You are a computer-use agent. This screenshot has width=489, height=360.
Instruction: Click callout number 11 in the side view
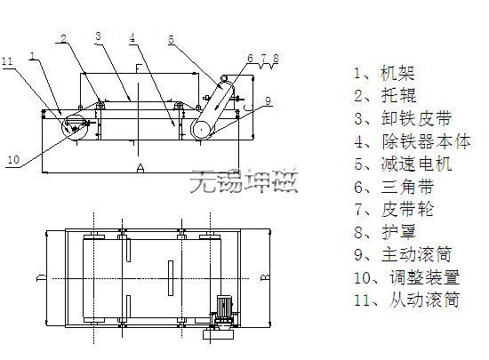pyautogui.click(x=7, y=61)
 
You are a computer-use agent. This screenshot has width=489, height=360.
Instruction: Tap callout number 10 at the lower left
pyautogui.click(x=13, y=160)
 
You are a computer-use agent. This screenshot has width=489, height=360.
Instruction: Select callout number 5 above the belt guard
pyautogui.click(x=171, y=40)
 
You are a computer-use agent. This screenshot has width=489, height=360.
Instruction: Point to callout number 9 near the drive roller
pyautogui.click(x=268, y=100)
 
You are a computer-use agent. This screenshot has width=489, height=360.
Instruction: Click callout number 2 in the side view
pyautogui.click(x=64, y=38)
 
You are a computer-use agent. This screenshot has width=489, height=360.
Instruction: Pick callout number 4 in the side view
pyautogui.click(x=132, y=37)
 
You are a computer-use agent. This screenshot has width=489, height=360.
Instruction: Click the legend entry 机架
pyautogui.click(x=397, y=73)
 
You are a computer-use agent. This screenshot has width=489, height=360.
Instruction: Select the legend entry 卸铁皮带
pyautogui.click(x=416, y=119)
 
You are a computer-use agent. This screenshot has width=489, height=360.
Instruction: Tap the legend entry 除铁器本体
pyautogui.click(x=426, y=141)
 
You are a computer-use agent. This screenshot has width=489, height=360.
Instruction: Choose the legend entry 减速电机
pyautogui.click(x=416, y=164)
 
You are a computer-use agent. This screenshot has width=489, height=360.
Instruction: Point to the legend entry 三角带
pyautogui.click(x=407, y=187)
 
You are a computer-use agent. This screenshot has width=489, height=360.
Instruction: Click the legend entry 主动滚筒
pyautogui.click(x=416, y=254)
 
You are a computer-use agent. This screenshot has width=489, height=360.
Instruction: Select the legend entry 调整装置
pyautogui.click(x=424, y=277)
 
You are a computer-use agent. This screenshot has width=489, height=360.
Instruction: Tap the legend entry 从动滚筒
pyautogui.click(x=424, y=300)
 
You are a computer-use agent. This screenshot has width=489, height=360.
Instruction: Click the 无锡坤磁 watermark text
pyautogui.click(x=244, y=181)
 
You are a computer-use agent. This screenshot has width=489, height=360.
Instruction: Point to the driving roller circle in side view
pyautogui.click(x=202, y=130)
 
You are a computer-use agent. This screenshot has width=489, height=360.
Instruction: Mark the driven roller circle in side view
pyautogui.click(x=75, y=126)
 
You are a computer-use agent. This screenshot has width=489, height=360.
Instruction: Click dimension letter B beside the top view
pyautogui.click(x=265, y=277)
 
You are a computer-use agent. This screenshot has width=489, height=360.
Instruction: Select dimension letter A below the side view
pyautogui.click(x=140, y=168)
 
